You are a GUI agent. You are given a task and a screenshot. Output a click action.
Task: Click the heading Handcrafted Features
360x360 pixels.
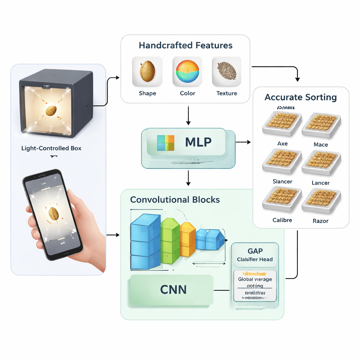click(185, 45)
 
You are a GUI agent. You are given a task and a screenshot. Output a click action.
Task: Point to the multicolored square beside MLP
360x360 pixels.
click(165, 143)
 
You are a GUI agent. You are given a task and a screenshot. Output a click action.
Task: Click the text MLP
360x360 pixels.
click(198, 142)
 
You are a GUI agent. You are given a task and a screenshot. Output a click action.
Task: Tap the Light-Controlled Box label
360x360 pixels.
click(51, 148)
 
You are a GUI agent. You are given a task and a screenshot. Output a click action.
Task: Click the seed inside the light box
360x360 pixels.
click(51, 111)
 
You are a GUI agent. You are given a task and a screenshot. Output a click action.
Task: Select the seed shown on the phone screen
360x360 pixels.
click(53, 213)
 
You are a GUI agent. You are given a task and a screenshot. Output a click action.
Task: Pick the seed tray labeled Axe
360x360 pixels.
click(282, 123)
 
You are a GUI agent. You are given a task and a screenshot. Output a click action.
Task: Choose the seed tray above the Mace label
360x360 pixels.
click(321, 123)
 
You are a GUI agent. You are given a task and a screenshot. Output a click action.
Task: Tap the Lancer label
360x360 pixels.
click(321, 183)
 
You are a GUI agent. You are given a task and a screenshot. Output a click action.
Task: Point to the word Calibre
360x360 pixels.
click(282, 220)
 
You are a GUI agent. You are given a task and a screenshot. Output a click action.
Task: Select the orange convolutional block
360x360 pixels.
click(187, 239)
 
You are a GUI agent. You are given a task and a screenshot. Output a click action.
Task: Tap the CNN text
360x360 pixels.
click(173, 289)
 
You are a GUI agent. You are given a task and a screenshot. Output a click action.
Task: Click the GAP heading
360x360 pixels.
click(255, 251)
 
